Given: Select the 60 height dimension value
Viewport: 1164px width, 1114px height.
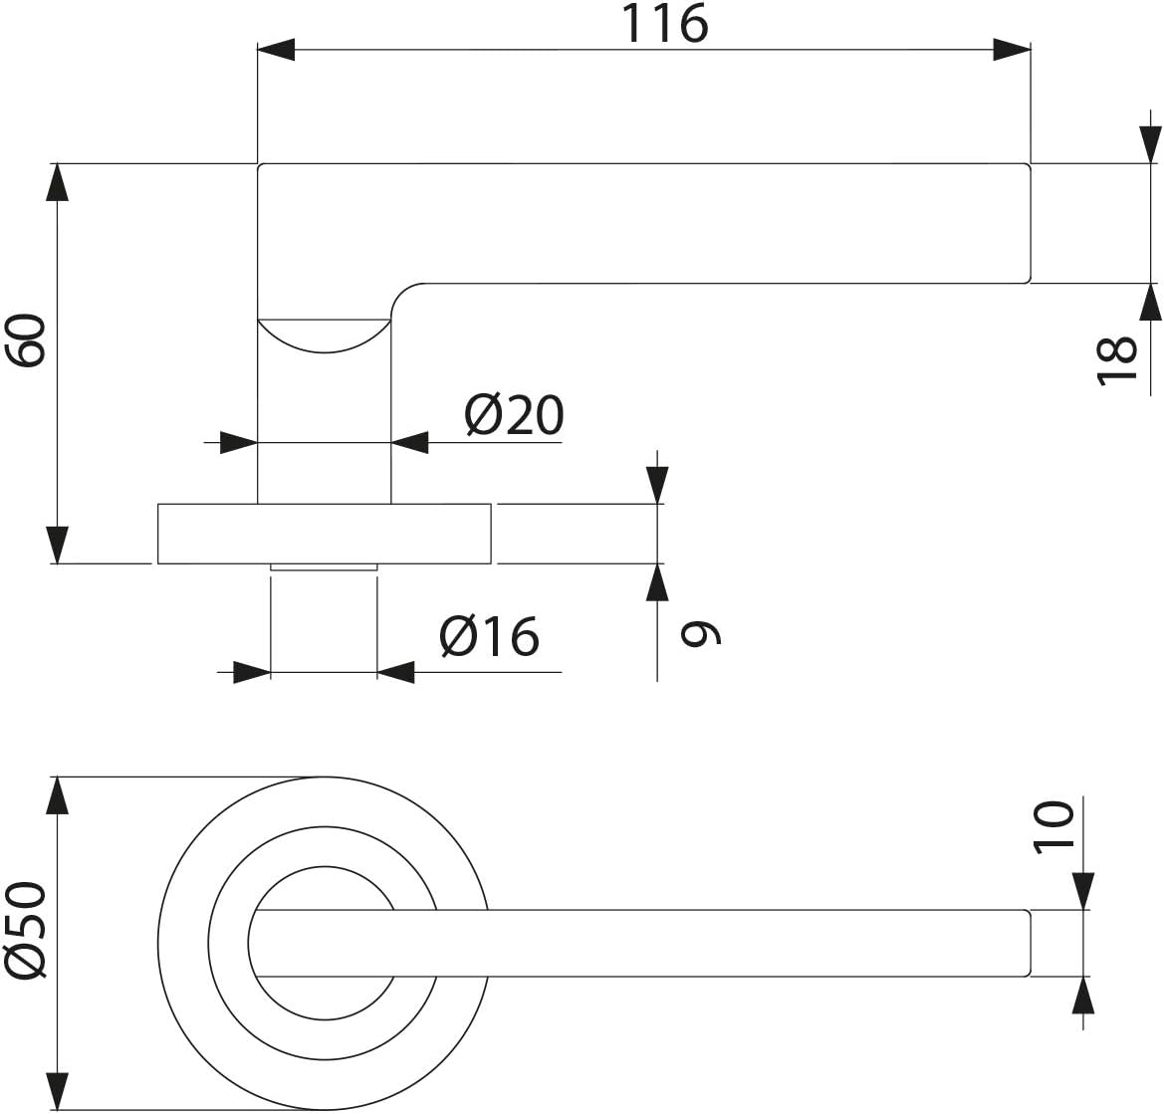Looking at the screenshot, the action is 28,339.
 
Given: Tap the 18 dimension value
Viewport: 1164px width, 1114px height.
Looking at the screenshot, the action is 1116,360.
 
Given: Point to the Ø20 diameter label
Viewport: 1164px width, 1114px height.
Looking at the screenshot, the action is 514,414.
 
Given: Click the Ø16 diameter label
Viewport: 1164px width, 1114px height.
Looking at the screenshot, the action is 489,636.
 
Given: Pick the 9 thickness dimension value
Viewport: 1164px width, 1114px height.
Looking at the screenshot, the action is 701,633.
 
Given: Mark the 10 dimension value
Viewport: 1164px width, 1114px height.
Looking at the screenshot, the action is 1054,824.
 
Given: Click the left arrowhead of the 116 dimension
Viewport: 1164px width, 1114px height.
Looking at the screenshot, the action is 276,50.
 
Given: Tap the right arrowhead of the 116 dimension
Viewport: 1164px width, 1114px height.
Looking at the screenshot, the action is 1013,50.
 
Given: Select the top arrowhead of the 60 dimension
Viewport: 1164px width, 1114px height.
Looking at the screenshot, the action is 57,182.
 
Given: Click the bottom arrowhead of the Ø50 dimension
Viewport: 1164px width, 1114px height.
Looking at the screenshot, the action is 57,1091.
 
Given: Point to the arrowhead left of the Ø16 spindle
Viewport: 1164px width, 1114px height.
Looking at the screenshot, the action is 252,672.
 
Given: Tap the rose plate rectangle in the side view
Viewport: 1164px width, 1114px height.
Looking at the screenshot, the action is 324,534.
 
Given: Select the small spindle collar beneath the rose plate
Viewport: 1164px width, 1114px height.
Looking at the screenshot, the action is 324,567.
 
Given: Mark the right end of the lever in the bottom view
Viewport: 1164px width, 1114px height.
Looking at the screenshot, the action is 1031,943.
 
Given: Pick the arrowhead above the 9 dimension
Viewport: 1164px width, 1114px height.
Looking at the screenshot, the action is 657,485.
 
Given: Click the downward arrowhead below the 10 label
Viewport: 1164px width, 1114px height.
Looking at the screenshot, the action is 1083,891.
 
